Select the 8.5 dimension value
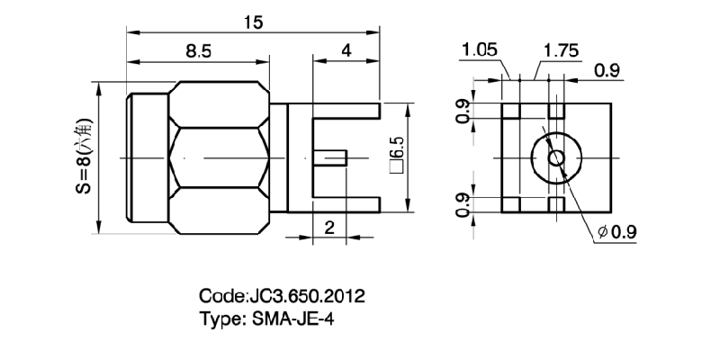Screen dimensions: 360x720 [x=199, y=52]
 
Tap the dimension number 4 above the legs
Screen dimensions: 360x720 [x=346, y=51]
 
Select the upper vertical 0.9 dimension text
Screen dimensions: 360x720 [x=462, y=112]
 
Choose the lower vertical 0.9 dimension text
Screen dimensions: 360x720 [x=462, y=204]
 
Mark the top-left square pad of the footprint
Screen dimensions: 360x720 [x=511, y=112]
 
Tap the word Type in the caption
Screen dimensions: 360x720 [x=218, y=318]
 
